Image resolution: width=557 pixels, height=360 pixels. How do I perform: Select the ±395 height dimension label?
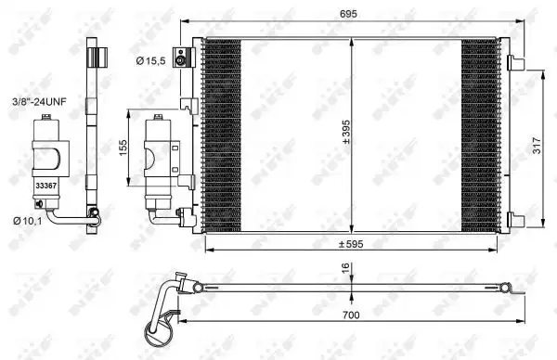[345, 135]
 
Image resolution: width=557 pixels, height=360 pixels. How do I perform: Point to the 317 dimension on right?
[538, 146]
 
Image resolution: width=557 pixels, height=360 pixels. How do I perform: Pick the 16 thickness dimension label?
[345, 269]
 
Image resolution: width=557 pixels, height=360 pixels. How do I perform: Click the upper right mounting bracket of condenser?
[515, 63]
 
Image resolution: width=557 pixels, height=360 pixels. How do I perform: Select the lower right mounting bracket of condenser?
[515, 220]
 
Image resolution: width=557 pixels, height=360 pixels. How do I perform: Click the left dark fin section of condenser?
[223, 135]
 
